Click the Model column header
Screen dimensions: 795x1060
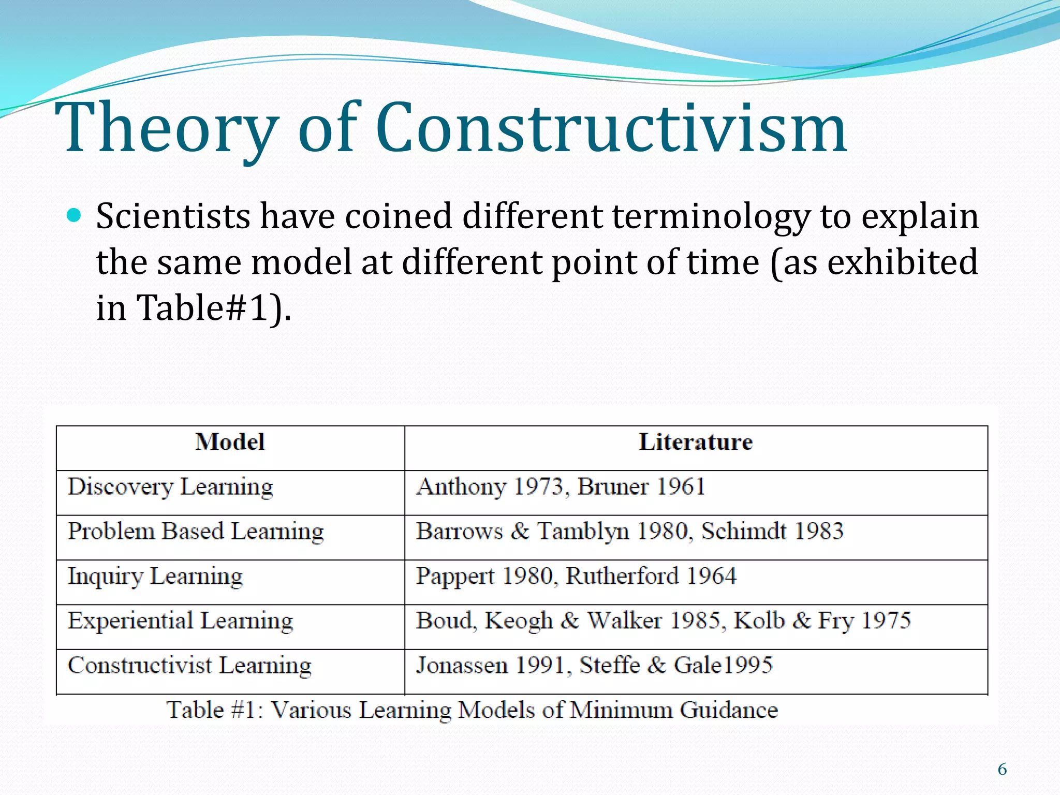(230, 442)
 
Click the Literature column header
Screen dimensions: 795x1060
(696, 442)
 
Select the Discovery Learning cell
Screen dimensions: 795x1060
(170, 487)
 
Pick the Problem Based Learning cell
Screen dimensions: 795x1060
(196, 532)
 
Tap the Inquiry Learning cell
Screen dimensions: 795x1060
(155, 576)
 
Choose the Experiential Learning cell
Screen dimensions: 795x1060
(180, 621)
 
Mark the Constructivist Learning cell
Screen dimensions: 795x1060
(189, 666)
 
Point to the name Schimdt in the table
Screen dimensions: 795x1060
(743, 531)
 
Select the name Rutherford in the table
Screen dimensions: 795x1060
(622, 576)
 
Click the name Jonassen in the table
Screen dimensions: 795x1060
(462, 665)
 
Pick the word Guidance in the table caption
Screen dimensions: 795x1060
(729, 710)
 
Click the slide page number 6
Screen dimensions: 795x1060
(1002, 770)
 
